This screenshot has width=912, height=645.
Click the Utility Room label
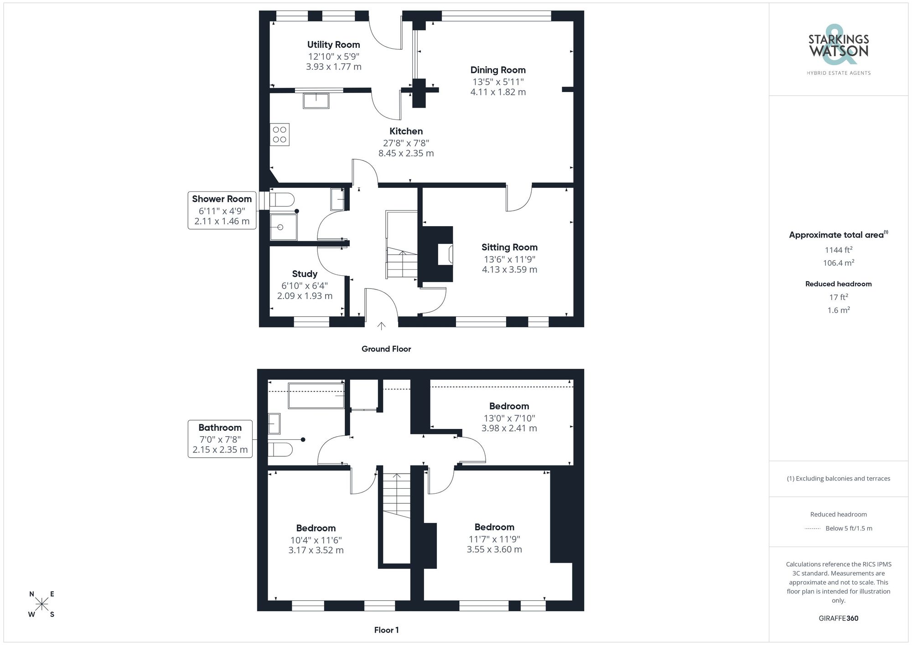coord(333,45)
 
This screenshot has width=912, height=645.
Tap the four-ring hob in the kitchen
coord(280,134)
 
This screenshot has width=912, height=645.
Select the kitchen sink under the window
coord(316,101)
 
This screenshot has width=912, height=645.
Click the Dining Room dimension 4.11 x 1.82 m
coord(498,92)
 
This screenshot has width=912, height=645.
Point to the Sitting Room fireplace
coord(445,254)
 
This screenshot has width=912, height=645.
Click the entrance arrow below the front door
coord(381,325)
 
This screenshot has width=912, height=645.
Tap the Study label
coord(305,274)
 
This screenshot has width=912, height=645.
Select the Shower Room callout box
coord(222,210)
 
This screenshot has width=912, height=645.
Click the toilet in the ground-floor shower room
coord(282,200)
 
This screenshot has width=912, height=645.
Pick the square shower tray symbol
coord(283,227)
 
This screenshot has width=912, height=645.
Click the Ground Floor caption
coord(386,349)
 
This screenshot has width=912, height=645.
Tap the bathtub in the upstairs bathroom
coord(316,395)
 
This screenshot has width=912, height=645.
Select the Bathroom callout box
coord(220,439)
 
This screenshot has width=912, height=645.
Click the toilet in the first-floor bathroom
coord(280,449)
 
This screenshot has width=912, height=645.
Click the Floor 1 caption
coord(386,630)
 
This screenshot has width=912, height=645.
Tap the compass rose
coord(42,604)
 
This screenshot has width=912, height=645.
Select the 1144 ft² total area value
coord(839,250)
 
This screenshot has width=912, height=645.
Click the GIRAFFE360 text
coord(839,619)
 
